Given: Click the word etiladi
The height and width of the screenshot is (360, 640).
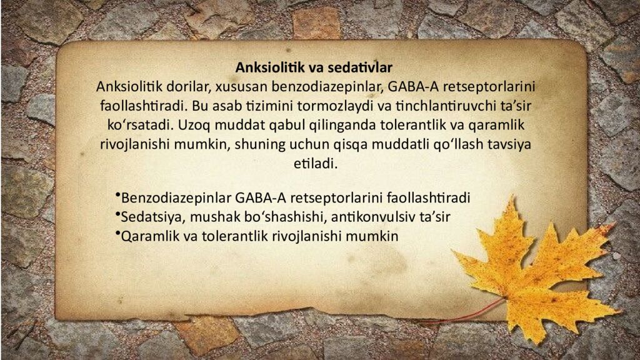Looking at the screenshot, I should tap(315, 164).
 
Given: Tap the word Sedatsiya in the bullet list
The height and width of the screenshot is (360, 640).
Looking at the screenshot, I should tap(149, 217).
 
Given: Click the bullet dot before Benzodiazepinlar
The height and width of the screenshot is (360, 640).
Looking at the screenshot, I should tap(117, 197).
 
